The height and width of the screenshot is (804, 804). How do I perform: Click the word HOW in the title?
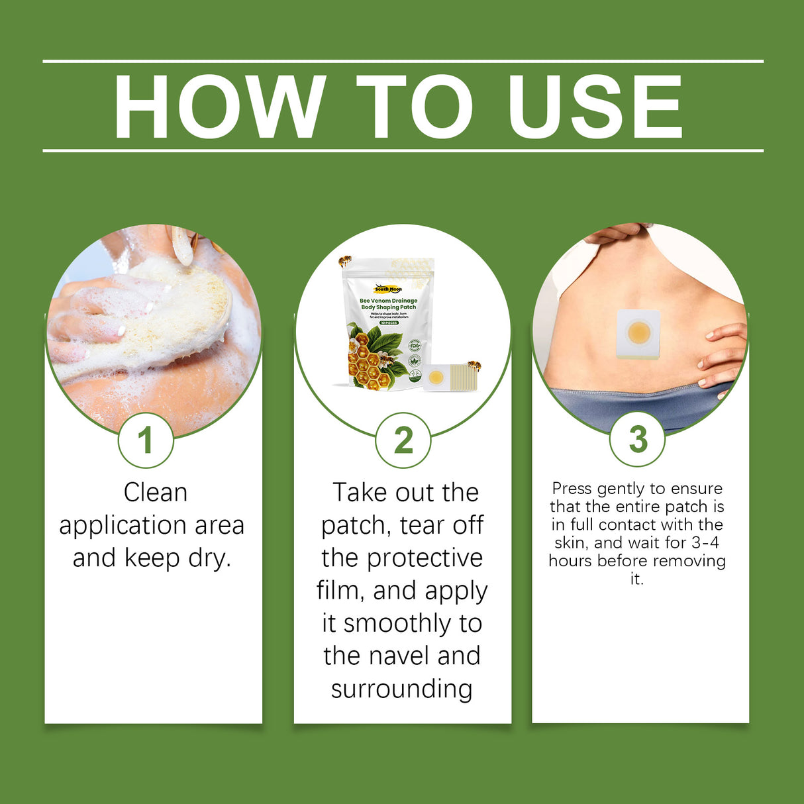pos(219,107)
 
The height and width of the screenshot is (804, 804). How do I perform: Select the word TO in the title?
pos(415,107)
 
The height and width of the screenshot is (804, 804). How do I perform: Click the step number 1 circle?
pos(146,440)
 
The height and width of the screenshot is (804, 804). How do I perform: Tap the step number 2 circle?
pos(403,440)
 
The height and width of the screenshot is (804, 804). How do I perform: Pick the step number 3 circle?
pos(637,438)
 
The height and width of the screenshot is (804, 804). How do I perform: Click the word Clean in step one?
pos(156,493)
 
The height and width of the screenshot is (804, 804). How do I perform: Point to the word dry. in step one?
pos(209,558)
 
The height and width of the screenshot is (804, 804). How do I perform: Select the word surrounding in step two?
pos(402,689)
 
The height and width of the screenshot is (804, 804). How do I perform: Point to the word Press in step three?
pos(572,489)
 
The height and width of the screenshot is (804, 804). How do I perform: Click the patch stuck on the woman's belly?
pos(638,334)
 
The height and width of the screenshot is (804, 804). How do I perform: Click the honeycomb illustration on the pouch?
pos(369,368)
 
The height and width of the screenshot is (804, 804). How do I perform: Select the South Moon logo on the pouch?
pos(388,289)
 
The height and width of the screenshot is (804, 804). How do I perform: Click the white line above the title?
pos(403,61)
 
